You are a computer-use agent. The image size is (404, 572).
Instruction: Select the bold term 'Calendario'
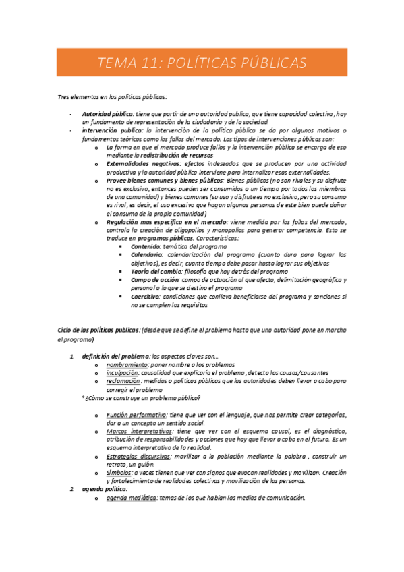(x=147, y=255)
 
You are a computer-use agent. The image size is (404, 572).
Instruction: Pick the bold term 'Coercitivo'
(x=145, y=296)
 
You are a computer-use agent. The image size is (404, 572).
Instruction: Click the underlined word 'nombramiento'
(x=127, y=364)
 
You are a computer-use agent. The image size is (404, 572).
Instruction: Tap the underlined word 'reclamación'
(x=123, y=381)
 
